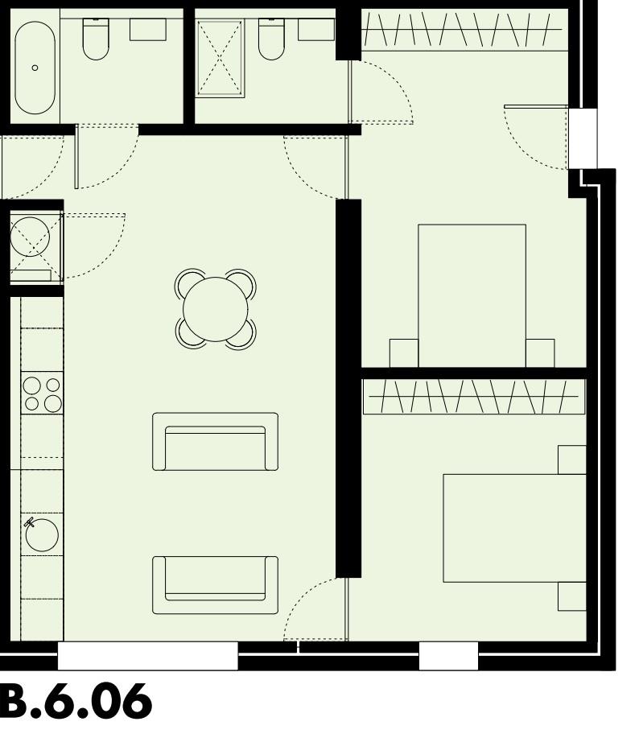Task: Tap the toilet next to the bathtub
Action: pos(96,40)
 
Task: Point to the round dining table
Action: pos(216,309)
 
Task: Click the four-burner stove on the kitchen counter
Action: pos(43,394)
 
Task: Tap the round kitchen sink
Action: pos(42,534)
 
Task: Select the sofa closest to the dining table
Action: pos(215,442)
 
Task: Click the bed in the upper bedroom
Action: pos(472,295)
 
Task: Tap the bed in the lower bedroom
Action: pos(513,527)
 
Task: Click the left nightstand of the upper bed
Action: pos(404,353)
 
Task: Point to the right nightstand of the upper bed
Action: pos(540,353)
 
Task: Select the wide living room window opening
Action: pos(148,656)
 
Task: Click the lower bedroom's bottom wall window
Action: pos(448,656)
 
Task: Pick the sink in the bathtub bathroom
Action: pos(148,30)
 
